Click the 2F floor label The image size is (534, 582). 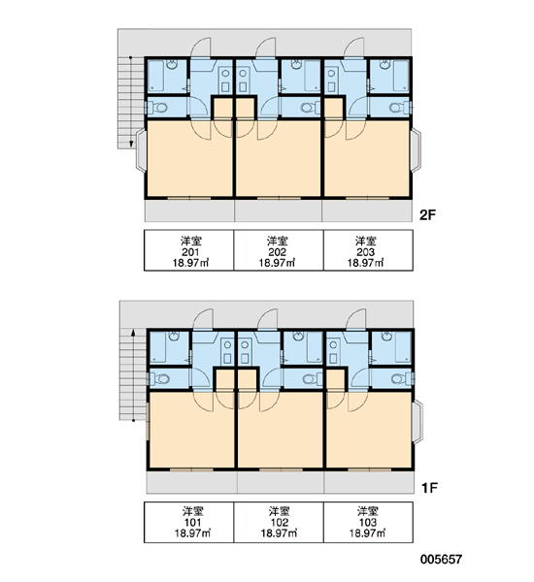tap(427, 215)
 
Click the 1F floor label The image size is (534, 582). tap(429, 487)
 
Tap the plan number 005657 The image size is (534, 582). tap(441, 559)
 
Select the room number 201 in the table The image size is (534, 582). tap(190, 252)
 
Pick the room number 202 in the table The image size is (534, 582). tap(278, 252)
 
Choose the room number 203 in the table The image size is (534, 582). tap(366, 252)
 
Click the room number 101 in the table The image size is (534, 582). tap(192, 523)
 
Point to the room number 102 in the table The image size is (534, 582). tap(280, 523)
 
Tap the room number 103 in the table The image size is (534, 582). tap(368, 523)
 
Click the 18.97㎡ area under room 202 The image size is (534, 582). tap(278, 263)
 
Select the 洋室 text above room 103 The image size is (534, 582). tap(368, 511)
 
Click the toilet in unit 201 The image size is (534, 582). tap(157, 108)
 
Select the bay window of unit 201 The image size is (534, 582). tap(141, 150)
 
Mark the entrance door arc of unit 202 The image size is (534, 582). tap(266, 48)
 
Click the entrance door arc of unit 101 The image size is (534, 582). tap(203, 319)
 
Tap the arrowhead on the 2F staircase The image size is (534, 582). tap(131, 144)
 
